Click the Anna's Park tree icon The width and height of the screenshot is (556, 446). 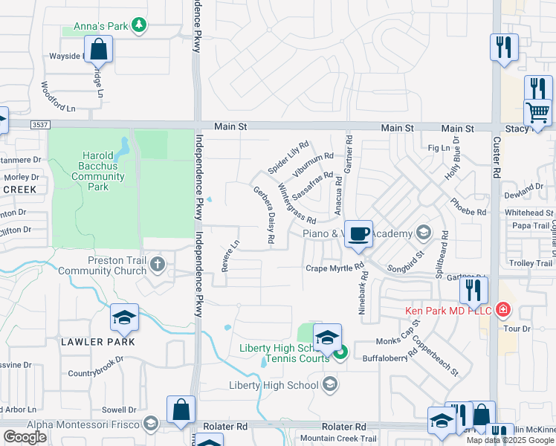point(138,26)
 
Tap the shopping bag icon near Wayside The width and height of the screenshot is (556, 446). point(99,51)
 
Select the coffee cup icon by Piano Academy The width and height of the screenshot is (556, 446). point(358,234)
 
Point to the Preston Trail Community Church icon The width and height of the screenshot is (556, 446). point(157,264)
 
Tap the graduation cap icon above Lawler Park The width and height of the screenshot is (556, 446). point(124,319)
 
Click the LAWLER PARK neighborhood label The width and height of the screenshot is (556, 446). point(99,342)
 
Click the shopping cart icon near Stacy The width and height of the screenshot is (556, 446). point(537,114)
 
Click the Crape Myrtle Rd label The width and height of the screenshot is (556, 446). point(334,268)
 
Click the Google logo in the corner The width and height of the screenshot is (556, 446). point(25,437)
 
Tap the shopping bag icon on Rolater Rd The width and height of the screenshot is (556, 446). point(181,410)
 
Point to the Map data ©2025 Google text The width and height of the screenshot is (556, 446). point(510,440)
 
